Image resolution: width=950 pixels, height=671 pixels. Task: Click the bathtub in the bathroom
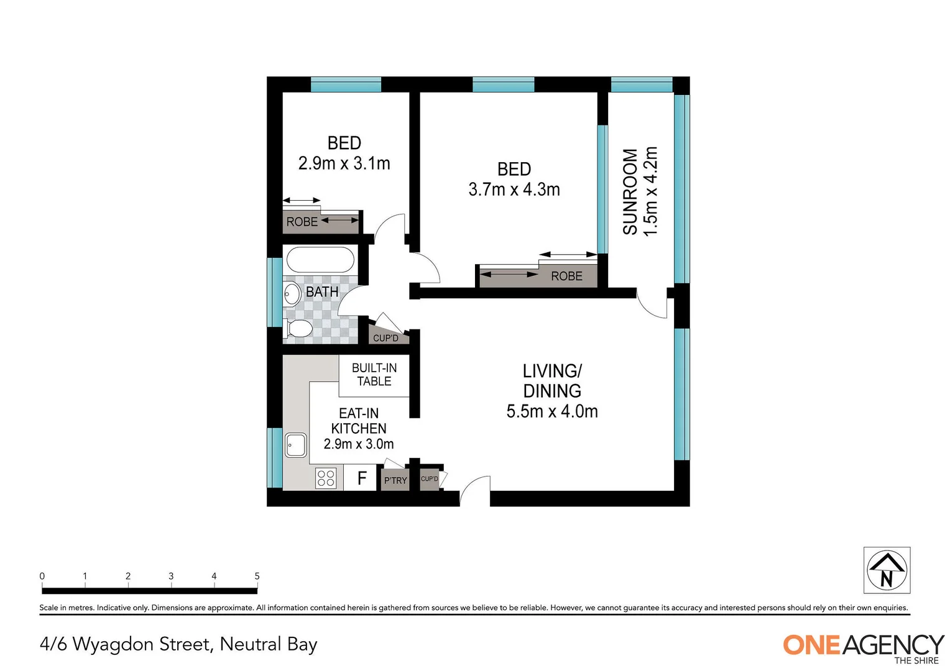(x=320, y=260)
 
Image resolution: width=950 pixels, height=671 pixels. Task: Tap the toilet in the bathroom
(x=300, y=329)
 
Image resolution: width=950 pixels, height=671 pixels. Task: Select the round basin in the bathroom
(x=292, y=293)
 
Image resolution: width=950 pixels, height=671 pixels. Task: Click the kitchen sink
(x=296, y=445)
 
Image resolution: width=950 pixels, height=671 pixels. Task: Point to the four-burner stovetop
(x=326, y=478)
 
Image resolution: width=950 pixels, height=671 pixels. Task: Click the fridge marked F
(x=361, y=478)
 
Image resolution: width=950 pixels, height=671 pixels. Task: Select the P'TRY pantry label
(x=395, y=480)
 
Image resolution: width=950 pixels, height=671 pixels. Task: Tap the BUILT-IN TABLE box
(x=374, y=375)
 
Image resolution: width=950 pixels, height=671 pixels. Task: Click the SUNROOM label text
(x=630, y=191)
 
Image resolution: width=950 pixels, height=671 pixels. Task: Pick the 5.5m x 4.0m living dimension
(x=552, y=411)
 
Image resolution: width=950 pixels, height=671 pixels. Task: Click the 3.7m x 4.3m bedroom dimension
(x=514, y=189)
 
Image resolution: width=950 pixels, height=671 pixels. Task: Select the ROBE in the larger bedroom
(x=566, y=276)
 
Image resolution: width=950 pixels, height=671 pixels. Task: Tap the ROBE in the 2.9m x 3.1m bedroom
(x=302, y=222)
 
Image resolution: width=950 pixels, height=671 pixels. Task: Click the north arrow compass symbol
(x=887, y=570)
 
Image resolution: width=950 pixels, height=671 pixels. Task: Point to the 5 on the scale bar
(x=257, y=576)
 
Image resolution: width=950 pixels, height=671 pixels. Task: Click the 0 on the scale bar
(x=42, y=576)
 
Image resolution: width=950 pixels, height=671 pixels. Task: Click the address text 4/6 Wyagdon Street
(x=178, y=644)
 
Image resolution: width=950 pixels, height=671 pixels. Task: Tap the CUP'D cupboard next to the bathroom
(x=385, y=338)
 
